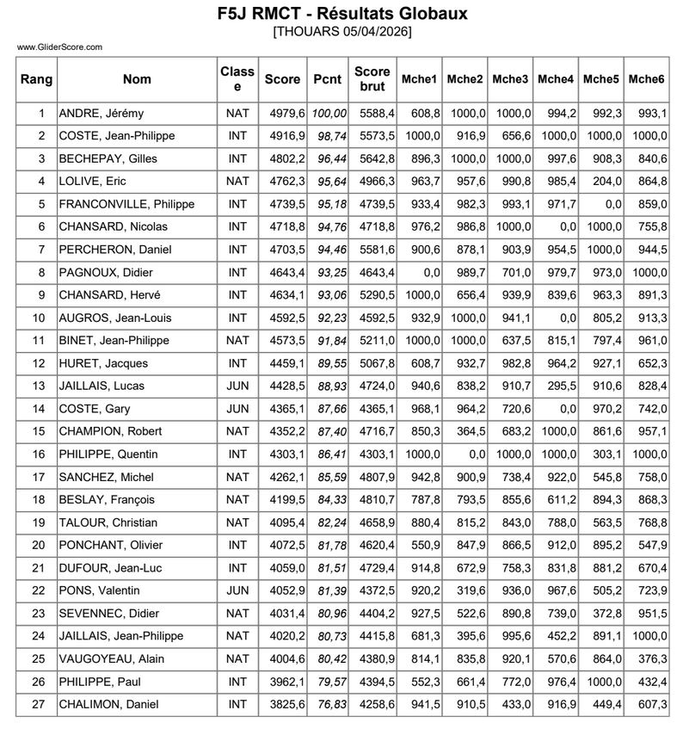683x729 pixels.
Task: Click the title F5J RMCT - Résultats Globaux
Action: tap(341, 14)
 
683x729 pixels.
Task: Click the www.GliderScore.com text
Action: tap(59, 47)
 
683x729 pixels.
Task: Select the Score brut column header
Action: tap(372, 79)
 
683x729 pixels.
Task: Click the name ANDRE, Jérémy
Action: tap(101, 113)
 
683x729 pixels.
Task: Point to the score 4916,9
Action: tap(287, 136)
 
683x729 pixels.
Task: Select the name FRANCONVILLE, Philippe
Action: tap(126, 204)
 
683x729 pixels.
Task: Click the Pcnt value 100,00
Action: tap(329, 113)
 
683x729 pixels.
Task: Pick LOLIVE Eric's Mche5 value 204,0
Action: tap(603, 181)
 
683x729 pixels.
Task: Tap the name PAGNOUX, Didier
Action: tap(106, 272)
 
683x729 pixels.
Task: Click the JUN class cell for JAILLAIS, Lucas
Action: tap(237, 386)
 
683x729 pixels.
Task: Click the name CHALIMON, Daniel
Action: tap(108, 704)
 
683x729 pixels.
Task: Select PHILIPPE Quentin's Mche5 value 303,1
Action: tap(603, 454)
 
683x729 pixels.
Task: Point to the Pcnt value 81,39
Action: tap(329, 590)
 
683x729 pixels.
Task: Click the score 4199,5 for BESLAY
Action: tap(287, 499)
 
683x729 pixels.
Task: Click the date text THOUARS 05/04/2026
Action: tap(341, 32)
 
